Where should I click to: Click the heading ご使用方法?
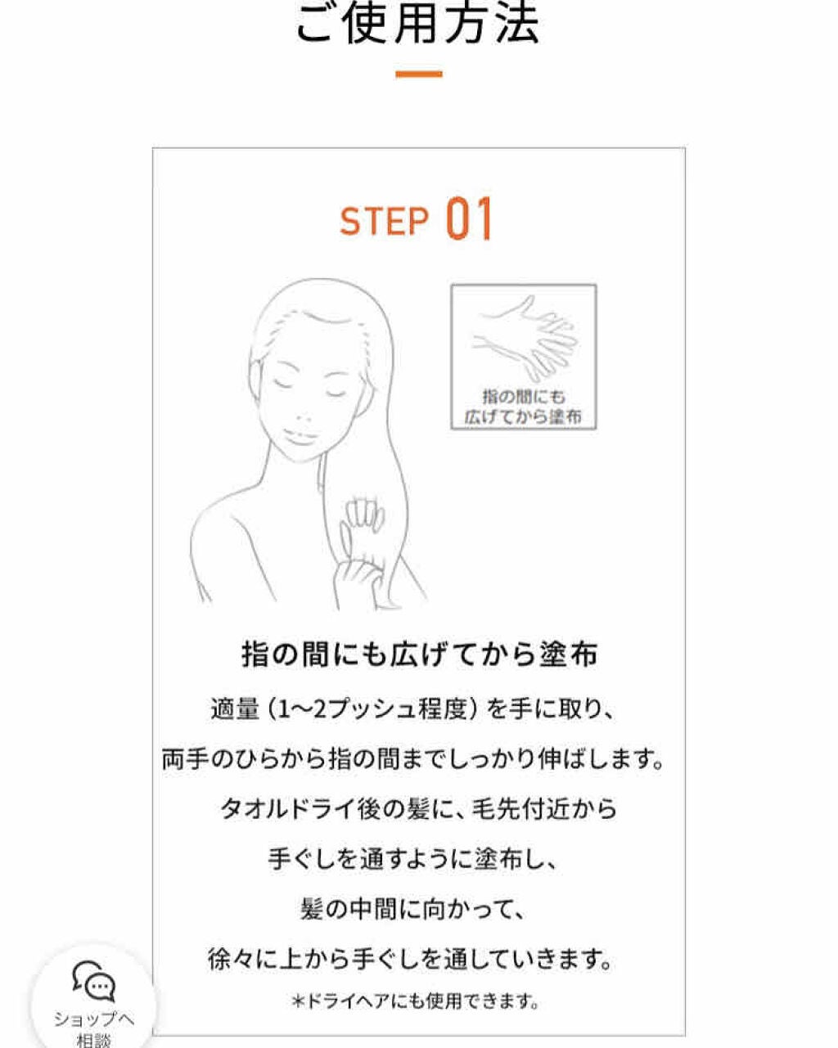(x=417, y=24)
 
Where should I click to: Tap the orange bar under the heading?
(x=418, y=74)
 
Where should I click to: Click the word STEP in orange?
(x=384, y=221)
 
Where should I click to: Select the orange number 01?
(x=470, y=219)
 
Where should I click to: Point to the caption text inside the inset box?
(x=524, y=407)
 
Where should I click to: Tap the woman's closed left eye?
(x=336, y=391)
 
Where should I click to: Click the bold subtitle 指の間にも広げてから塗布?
(x=419, y=655)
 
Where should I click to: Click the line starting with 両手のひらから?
(x=412, y=759)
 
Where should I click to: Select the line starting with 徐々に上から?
(x=411, y=959)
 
